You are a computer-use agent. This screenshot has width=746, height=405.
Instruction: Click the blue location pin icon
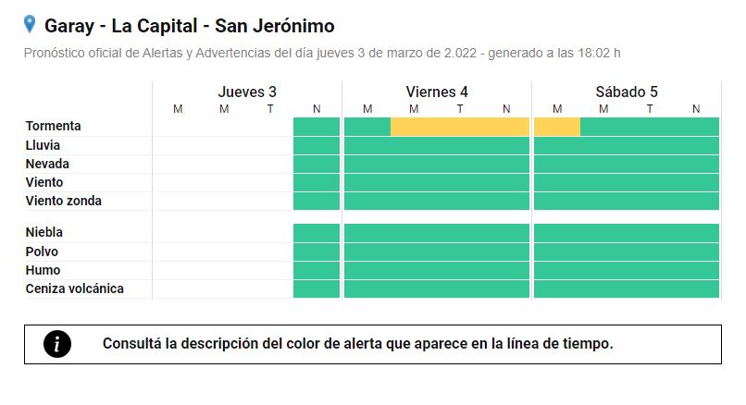tap(30, 24)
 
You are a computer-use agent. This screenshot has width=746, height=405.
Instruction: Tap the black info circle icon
tap(57, 344)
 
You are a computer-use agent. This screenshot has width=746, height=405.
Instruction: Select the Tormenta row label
tap(54, 126)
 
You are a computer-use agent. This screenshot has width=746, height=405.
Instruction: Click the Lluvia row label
tap(43, 145)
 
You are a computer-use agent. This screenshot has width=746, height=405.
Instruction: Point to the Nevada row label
tap(47, 164)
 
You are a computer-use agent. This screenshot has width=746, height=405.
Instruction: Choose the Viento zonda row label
tap(64, 201)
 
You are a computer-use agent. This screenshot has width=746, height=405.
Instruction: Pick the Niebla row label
tap(44, 232)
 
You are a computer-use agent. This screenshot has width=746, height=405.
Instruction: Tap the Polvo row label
tap(42, 252)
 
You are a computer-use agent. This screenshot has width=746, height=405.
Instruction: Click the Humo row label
tap(44, 270)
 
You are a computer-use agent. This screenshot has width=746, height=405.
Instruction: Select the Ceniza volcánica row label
tap(75, 288)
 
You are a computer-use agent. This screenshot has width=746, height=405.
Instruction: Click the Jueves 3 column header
tap(247, 92)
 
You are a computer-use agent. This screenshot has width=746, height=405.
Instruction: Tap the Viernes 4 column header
tap(437, 92)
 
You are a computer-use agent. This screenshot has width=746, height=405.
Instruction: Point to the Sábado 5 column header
tap(627, 92)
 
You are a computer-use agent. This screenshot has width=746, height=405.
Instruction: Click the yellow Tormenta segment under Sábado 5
tap(557, 127)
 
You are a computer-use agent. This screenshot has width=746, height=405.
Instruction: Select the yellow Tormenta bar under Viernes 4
tap(460, 127)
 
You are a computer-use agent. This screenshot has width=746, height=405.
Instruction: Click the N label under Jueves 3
tap(317, 109)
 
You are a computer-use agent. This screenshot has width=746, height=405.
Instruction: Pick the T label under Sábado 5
tap(650, 109)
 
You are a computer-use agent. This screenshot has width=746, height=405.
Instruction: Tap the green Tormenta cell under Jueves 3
tap(317, 127)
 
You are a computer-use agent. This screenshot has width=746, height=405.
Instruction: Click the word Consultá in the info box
tap(132, 343)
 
